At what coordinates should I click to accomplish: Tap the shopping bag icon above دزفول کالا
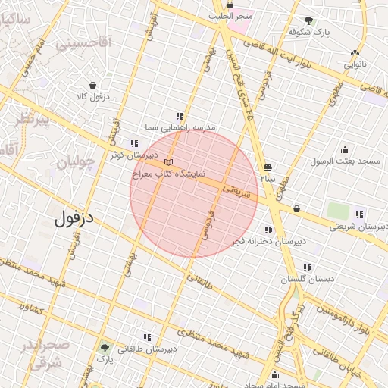pyautogui.click(x=92, y=85)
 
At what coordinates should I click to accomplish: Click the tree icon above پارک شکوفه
pyautogui.click(x=308, y=20)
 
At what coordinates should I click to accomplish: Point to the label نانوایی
pyautogui.click(x=355, y=64)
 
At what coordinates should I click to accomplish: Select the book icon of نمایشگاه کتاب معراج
pyautogui.click(x=168, y=162)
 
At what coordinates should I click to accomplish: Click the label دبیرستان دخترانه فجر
pyautogui.click(x=269, y=241)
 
